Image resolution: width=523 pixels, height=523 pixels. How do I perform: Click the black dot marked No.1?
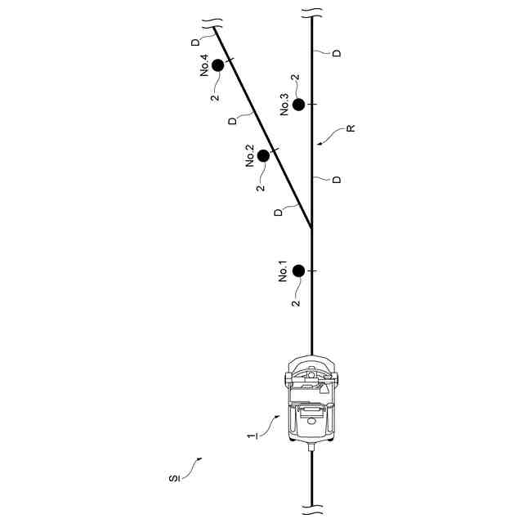pos(298,270)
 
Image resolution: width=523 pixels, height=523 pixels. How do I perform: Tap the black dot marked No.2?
pos(263,155)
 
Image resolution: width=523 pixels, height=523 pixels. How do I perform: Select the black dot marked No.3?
pos(298,105)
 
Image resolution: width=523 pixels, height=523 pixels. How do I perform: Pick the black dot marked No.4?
pos(217,65)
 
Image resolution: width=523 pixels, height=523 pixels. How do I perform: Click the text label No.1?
pos(283,271)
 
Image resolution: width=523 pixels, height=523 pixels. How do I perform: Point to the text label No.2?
pos(250,156)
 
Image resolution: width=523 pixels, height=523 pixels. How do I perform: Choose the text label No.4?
pos(204,65)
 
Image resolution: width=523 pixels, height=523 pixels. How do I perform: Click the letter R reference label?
pos(350,128)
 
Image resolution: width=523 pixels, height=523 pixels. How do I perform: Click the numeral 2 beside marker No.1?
pos(296,302)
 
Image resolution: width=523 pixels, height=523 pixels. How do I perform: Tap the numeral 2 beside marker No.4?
pos(214,97)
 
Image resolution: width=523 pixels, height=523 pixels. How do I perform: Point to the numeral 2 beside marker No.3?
pos(295,78)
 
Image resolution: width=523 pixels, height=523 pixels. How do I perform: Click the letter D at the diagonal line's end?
pos(194,42)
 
